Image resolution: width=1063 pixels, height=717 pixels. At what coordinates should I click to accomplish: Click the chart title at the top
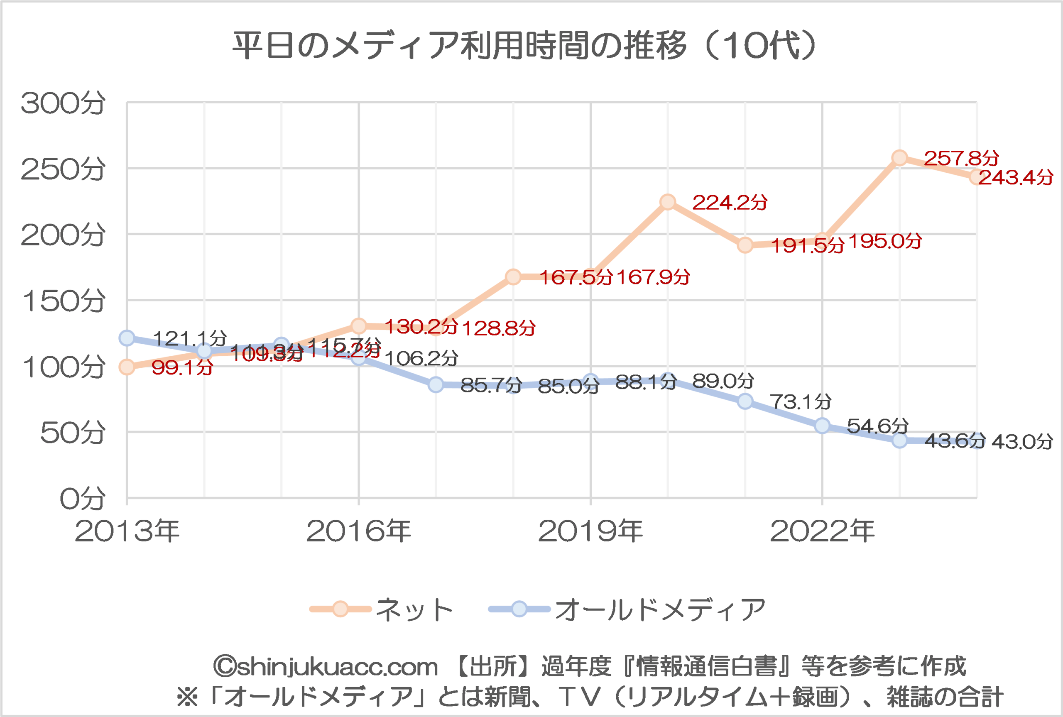[524, 46]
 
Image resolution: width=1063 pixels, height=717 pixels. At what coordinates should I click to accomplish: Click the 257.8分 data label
[961, 158]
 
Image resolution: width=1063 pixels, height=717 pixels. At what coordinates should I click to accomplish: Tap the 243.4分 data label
[1015, 177]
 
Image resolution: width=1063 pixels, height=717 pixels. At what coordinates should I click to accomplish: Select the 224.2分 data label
[730, 203]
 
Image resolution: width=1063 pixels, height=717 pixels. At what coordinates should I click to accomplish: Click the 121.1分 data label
[189, 338]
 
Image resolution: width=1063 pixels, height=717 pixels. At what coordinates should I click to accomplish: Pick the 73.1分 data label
[800, 402]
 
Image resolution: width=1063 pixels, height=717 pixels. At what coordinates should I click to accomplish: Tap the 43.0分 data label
[1022, 442]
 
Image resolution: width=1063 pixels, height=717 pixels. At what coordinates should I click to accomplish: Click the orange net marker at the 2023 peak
[899, 158]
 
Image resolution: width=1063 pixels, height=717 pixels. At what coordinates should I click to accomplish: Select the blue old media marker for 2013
[127, 338]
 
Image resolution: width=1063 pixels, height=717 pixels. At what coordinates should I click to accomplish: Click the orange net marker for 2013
[127, 367]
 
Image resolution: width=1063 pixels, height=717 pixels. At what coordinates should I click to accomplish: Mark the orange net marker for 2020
[668, 202]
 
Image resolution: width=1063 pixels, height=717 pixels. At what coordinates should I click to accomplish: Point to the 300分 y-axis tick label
[63, 103]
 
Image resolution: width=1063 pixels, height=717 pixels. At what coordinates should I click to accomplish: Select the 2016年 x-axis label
[358, 531]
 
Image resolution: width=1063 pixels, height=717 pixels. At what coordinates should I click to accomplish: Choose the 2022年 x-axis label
[822, 531]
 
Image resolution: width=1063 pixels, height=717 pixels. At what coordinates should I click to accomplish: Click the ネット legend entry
[414, 609]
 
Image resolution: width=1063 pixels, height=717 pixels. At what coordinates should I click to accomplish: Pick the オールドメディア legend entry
[660, 609]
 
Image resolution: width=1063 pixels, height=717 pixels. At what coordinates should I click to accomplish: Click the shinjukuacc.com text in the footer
[326, 666]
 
